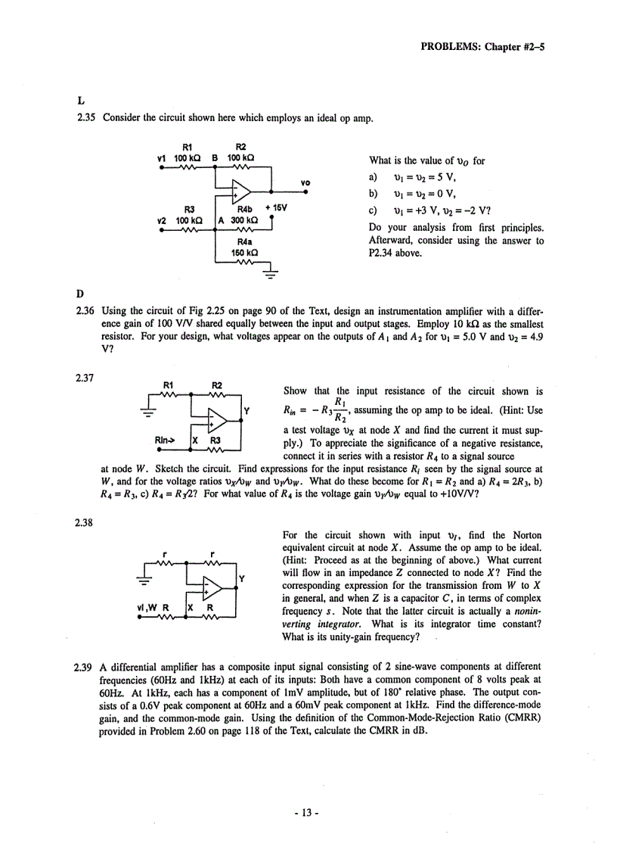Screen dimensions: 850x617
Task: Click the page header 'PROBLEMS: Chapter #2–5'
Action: point(482,45)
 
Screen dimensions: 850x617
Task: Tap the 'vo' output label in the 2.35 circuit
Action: point(305,182)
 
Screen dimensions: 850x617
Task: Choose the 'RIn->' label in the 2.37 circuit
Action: point(166,438)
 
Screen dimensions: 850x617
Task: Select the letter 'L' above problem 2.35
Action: point(80,100)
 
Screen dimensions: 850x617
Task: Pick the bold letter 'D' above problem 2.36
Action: point(80,293)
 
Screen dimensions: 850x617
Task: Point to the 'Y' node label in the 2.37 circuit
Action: point(247,413)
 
